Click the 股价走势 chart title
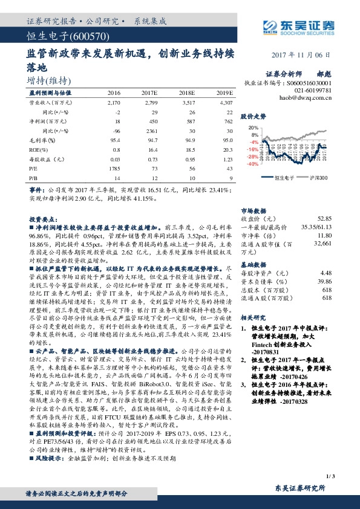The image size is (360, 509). tap(254, 115)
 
